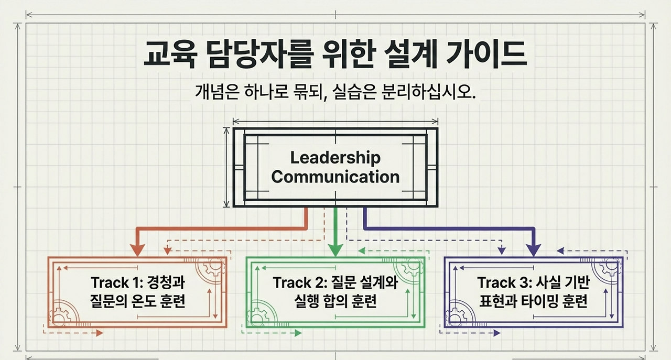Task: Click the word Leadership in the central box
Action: tap(335, 157)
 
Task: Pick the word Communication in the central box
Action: tap(335, 177)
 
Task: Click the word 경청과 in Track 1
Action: tap(167, 283)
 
